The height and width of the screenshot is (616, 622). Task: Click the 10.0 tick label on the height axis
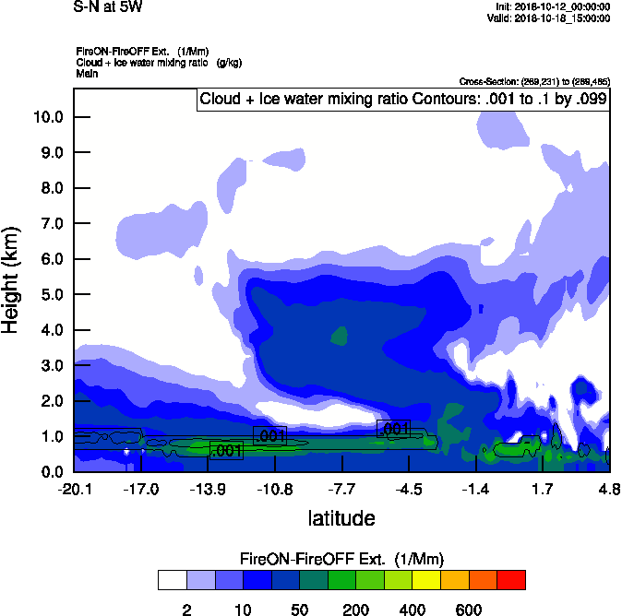pyautogui.click(x=48, y=117)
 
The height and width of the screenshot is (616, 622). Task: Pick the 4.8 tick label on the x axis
pyautogui.click(x=609, y=489)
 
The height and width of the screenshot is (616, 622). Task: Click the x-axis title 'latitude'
pyautogui.click(x=341, y=518)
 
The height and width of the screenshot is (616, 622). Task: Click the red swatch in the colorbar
pyautogui.click(x=511, y=580)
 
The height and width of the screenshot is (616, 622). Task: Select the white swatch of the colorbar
pyautogui.click(x=172, y=580)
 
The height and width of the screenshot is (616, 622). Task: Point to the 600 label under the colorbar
pyautogui.click(x=469, y=610)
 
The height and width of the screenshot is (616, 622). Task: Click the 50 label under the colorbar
pyautogui.click(x=299, y=610)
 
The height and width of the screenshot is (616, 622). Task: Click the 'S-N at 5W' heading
pyautogui.click(x=108, y=7)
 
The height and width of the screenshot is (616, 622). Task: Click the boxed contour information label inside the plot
pyautogui.click(x=403, y=100)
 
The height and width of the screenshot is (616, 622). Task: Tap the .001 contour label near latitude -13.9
pyautogui.click(x=226, y=450)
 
